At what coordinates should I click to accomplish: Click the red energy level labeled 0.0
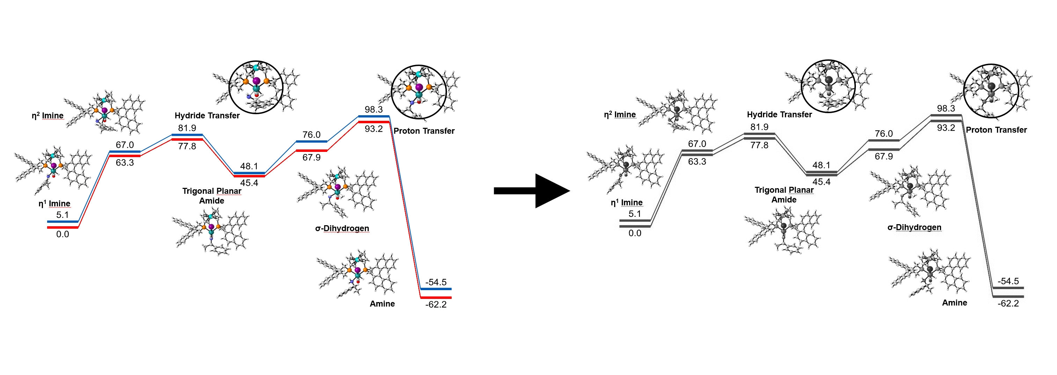coord(63,227)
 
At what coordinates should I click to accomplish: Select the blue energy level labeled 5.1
coord(63,222)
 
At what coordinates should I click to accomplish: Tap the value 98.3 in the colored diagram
coord(373,110)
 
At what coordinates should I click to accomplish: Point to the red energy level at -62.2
coord(436,297)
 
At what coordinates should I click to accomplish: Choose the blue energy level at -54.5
coord(436,289)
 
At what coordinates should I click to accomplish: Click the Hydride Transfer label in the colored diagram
coord(207,116)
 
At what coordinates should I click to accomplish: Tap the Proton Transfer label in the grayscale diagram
coord(996,130)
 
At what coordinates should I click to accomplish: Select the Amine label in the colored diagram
coord(382,304)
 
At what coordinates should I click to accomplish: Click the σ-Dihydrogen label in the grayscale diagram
coord(914,227)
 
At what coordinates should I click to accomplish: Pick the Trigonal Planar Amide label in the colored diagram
coord(212,196)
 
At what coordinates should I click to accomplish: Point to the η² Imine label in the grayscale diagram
coord(619,115)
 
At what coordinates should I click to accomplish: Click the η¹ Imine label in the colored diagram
coord(54,204)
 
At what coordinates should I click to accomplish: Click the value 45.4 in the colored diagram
coord(249,183)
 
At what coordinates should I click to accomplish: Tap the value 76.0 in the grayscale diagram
coord(883,134)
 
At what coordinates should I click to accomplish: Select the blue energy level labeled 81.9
coord(187,134)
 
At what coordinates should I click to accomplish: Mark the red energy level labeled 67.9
coord(311,150)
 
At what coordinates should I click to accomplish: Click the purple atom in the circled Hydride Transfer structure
coord(256,80)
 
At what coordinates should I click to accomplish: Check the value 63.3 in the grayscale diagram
coord(697,162)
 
